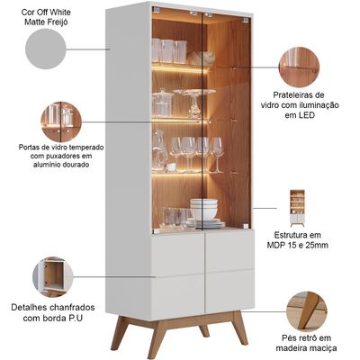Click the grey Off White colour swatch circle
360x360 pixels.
click(x=46, y=49)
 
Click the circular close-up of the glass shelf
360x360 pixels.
click(x=299, y=67)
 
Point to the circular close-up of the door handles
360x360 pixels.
click(x=61, y=121)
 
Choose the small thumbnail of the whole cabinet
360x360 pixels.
click(x=297, y=208)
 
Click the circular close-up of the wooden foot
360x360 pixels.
click(x=306, y=311)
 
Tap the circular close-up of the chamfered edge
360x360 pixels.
click(x=53, y=277)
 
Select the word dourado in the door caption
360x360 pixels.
click(x=76, y=165)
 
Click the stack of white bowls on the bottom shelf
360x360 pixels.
click(x=204, y=209)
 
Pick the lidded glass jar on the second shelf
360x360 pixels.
click(x=163, y=103)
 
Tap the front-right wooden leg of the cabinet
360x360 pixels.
click(x=239, y=328)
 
